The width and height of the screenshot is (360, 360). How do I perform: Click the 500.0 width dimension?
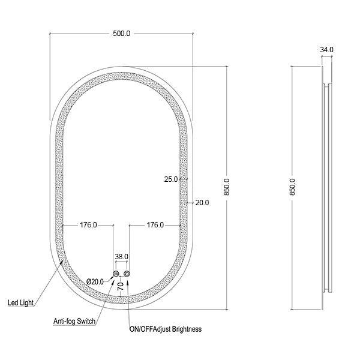tap(121, 34)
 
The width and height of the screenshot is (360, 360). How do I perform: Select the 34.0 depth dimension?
tap(327, 50)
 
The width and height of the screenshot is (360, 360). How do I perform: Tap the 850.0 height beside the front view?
tap(227, 186)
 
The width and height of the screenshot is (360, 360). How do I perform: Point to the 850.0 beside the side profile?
tap(292, 187)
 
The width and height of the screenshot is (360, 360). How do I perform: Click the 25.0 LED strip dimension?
tap(171, 179)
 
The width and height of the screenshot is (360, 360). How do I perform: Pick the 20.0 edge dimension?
tap(202, 203)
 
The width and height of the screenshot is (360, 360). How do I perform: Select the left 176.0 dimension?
tap(88, 225)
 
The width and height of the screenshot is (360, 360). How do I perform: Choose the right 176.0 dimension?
tap(155, 225)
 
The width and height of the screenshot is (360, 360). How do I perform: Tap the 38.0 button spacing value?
tap(121, 257)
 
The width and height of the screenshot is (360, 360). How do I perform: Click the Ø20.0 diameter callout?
tap(97, 281)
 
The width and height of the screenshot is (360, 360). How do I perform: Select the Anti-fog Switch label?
tap(74, 322)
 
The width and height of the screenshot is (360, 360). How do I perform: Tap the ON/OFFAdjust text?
tap(147, 329)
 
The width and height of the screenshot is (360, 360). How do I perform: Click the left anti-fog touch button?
tap(115, 274)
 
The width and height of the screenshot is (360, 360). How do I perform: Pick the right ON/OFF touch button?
tap(127, 274)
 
